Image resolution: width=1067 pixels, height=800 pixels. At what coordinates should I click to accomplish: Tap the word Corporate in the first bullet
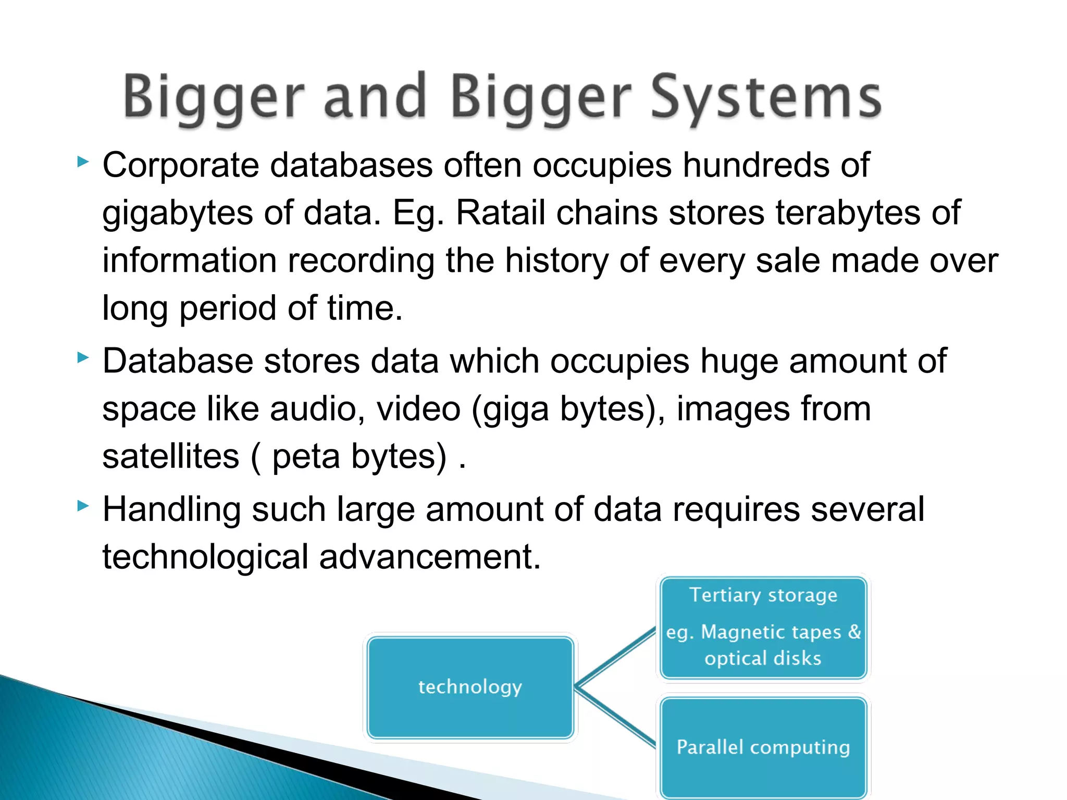coord(180,166)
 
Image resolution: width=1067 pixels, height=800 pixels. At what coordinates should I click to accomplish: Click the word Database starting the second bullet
coord(178,361)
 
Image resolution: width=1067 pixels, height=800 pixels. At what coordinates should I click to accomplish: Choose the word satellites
coord(170,457)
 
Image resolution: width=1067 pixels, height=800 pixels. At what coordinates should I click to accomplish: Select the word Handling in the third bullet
coord(171,510)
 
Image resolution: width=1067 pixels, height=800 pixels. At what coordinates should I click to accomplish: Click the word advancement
coord(430,557)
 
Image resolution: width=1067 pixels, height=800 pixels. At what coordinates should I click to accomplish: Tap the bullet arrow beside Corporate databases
coord(83,162)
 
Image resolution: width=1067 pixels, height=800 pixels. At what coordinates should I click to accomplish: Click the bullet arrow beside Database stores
coord(83,358)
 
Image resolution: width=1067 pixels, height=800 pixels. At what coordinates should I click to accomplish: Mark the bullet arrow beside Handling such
coord(83,506)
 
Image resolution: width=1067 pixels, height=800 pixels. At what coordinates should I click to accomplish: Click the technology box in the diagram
coord(470,687)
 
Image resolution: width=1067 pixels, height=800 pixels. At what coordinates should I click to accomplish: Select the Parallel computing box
coord(763,747)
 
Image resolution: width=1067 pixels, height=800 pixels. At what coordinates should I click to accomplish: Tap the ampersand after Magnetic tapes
coord(854,632)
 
